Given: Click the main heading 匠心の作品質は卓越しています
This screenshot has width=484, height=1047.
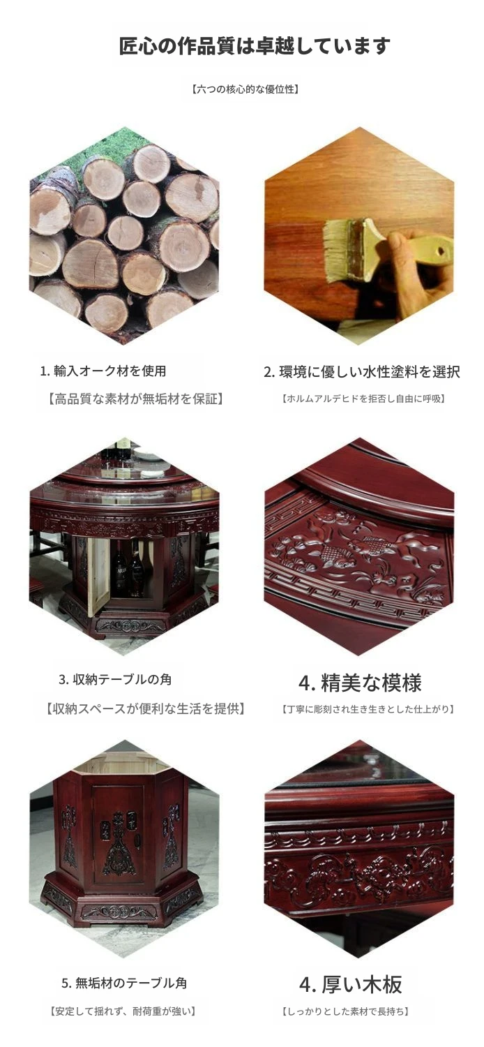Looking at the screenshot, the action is point(254,46).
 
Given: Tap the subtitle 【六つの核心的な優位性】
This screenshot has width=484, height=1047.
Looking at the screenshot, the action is point(245,89).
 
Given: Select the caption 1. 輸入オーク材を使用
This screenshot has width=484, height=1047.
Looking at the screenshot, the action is point(103,371).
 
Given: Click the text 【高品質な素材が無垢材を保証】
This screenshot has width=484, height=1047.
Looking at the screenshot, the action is point(135,399).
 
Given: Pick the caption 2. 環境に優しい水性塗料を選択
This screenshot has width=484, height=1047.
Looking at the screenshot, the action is point(362,371).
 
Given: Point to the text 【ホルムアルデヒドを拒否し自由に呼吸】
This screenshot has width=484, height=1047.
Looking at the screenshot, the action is point(363,399).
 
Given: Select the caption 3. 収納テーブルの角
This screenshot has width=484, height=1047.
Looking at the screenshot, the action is point(115,679).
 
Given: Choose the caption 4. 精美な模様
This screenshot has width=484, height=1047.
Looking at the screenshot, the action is point(360,683).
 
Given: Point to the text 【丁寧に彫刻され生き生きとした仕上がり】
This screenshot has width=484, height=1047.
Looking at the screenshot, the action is point(368,709).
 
